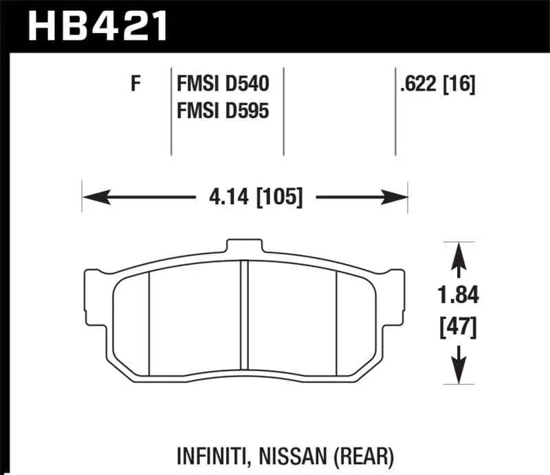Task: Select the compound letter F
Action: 135,85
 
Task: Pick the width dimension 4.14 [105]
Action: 245,198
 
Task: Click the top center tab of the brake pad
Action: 246,246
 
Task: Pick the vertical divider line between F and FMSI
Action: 170,110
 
